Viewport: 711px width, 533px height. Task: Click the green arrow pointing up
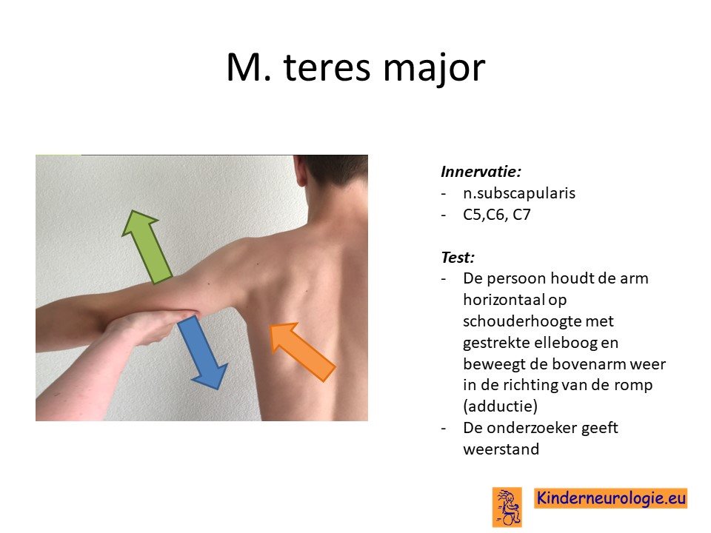click(x=147, y=247)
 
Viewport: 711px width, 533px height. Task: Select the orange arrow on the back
click(x=302, y=352)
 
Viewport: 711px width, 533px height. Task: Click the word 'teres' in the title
click(x=327, y=67)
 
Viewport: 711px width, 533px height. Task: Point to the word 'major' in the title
click(x=434, y=68)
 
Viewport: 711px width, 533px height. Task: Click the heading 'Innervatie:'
click(x=481, y=171)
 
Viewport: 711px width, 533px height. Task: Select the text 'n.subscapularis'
click(x=519, y=193)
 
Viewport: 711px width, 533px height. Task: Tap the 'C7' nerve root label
click(x=521, y=215)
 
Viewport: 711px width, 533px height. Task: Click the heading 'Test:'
click(x=458, y=258)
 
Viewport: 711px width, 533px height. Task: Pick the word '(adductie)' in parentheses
click(x=500, y=406)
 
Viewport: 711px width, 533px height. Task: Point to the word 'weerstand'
click(x=501, y=449)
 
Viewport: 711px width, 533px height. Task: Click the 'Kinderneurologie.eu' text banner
click(x=611, y=498)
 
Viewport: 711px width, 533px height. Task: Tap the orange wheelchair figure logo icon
click(x=507, y=507)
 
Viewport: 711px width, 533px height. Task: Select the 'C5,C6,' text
click(x=485, y=215)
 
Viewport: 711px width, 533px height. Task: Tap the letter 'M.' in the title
click(x=249, y=67)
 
